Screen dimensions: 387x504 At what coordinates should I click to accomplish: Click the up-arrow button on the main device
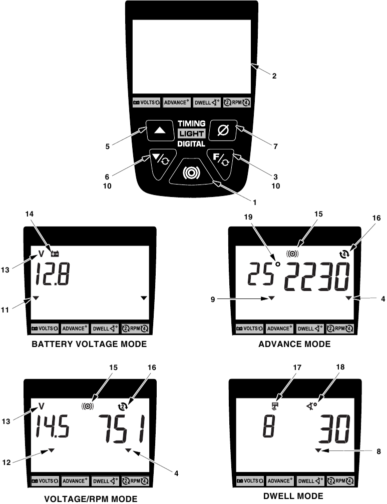click(160, 130)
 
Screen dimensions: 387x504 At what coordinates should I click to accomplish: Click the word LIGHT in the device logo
click(192, 133)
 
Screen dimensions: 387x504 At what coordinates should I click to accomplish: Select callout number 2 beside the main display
click(274, 76)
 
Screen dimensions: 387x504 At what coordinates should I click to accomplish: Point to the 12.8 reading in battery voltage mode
click(52, 274)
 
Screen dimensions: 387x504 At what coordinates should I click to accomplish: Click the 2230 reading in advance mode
click(317, 276)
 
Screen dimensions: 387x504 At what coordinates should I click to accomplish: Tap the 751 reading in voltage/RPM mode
click(121, 428)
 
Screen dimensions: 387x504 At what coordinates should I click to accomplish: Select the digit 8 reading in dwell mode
click(269, 426)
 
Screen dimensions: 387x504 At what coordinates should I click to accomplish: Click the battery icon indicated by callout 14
click(55, 254)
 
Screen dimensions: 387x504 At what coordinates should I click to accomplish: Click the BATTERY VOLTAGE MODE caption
click(89, 344)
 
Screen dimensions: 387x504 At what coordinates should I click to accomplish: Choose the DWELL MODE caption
click(293, 496)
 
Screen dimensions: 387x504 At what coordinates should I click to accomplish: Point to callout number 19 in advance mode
click(248, 217)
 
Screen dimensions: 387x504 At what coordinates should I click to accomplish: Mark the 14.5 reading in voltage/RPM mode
click(52, 426)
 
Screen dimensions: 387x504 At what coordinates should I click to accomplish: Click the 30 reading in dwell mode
click(334, 429)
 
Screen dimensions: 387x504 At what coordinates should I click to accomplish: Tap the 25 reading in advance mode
click(259, 274)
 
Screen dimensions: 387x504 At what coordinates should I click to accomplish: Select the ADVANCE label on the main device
click(176, 102)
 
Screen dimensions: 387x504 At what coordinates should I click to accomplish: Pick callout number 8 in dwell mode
click(378, 451)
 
